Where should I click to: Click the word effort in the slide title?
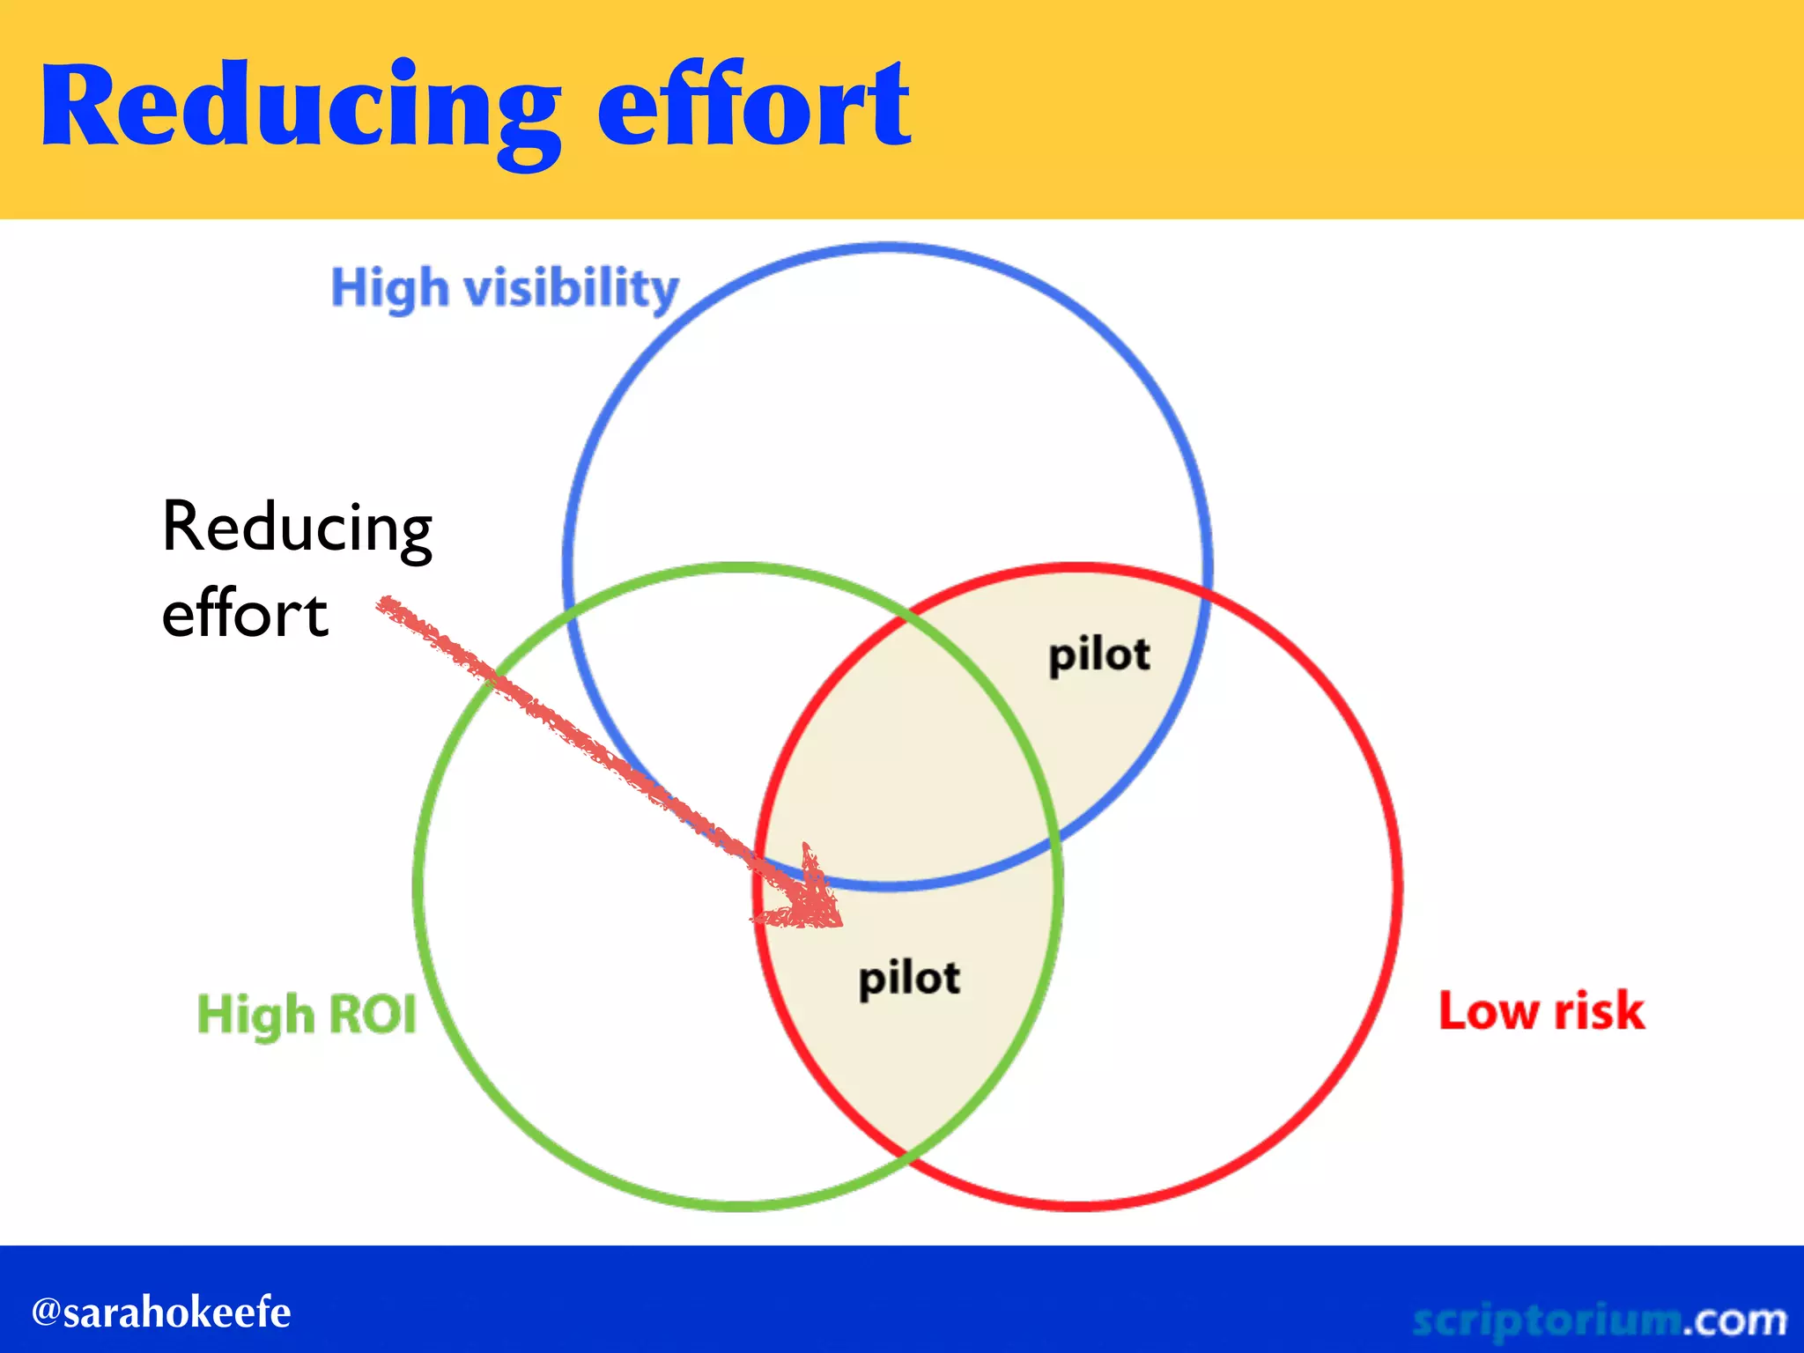tap(753, 106)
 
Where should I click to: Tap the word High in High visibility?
tap(389, 289)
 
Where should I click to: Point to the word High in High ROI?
tap(255, 1015)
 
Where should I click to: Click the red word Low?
tap(1489, 1010)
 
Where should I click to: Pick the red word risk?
tap(1599, 1010)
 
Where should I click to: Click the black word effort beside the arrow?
tap(245, 614)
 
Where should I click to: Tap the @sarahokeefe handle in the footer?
tap(161, 1312)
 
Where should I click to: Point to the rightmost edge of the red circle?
tap(1398, 887)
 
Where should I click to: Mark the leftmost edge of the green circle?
tap(418, 887)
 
